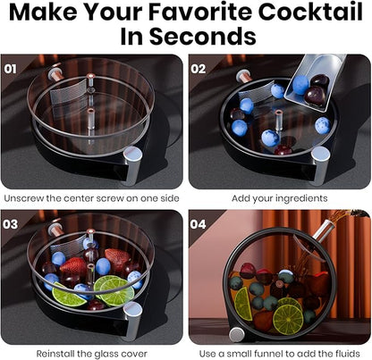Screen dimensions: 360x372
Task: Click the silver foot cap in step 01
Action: coord(133,164)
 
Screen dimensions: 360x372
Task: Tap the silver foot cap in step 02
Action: coord(319,164)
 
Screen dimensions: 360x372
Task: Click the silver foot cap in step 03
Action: coord(133,319)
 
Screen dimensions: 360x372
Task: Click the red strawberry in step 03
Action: coord(116,259)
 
